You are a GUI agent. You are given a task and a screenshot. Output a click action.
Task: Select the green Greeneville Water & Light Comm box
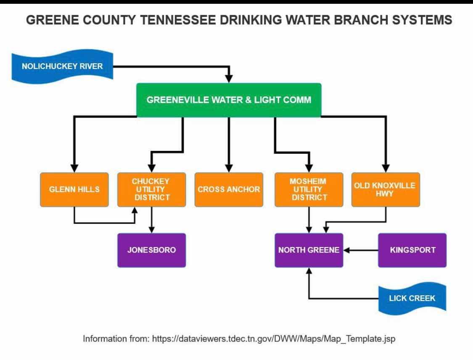[229, 100]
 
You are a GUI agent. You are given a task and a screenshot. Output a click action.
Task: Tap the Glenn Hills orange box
[74, 189]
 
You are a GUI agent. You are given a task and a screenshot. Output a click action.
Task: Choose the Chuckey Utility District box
[151, 189]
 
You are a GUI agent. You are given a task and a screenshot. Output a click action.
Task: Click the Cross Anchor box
[229, 189]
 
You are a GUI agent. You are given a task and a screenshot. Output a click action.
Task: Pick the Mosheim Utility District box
[309, 189]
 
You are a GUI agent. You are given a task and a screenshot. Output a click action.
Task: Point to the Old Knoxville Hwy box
[385, 189]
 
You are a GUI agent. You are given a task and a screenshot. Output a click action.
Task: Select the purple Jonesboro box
[151, 250]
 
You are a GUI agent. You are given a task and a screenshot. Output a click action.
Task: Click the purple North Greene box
[309, 250]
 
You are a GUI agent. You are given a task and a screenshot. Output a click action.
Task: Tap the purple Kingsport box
[412, 250]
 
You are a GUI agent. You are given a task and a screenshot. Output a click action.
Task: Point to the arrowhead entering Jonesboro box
[151, 229]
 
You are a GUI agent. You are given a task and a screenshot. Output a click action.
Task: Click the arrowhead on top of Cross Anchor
[229, 168]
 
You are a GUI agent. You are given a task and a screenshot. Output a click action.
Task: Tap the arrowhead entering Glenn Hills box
[74, 168]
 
